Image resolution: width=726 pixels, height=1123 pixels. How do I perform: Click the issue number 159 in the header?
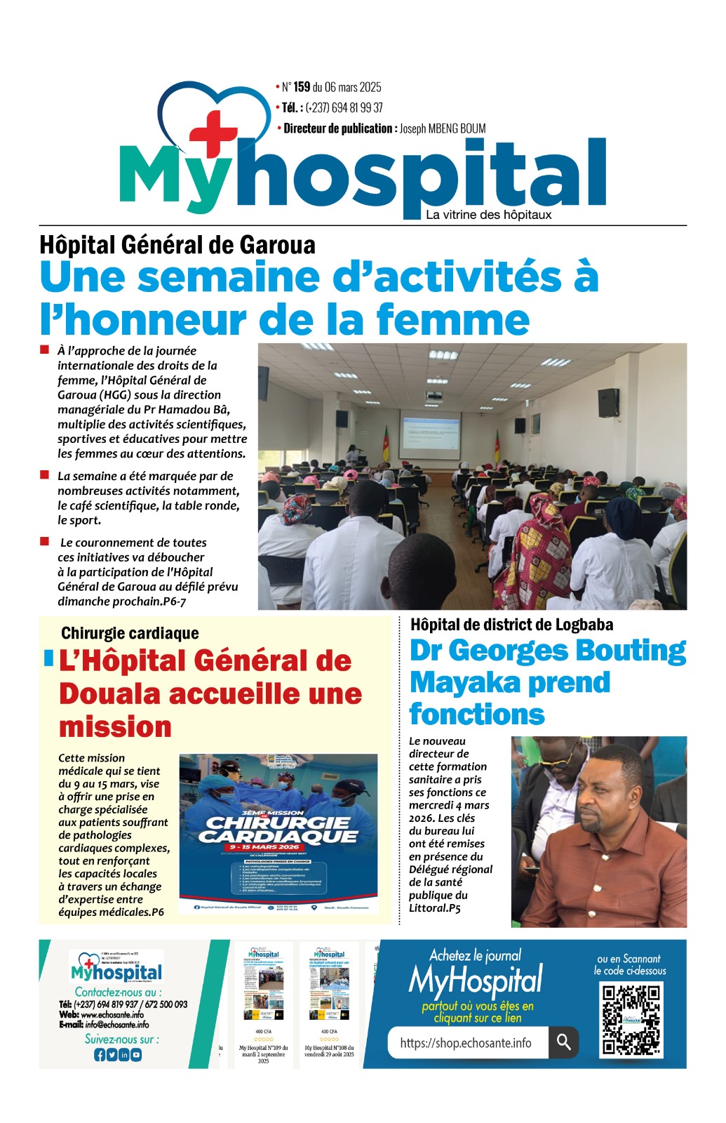coord(302,87)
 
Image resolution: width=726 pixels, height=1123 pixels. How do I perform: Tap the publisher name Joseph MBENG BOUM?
coord(442,128)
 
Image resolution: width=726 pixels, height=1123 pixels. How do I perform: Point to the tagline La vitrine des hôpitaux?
coord(488,215)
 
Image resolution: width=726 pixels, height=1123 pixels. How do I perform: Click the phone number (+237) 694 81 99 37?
coord(344,107)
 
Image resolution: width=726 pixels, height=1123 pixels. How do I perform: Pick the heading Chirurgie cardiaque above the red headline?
coord(130,633)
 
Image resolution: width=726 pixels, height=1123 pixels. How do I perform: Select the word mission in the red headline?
coord(115,726)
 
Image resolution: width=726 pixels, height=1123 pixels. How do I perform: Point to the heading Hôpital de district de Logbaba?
coord(511,625)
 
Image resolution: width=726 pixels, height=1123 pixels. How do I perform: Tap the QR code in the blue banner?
coord(631,1020)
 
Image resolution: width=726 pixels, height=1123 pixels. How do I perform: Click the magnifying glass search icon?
coord(563,1042)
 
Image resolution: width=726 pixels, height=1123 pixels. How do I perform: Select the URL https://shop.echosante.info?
coord(466,1043)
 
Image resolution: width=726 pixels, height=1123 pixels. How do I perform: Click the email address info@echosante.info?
coord(117,1024)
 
